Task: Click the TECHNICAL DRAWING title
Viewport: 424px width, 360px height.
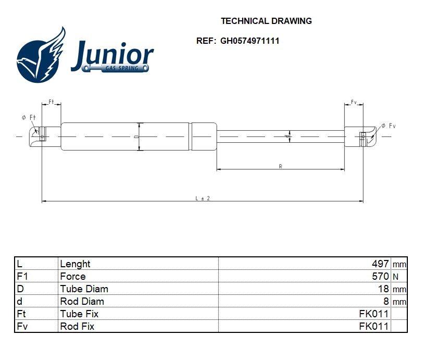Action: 266,21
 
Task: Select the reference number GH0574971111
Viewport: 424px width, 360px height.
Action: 250,41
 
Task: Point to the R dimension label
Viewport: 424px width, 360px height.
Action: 280,166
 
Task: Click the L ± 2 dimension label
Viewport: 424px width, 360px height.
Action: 202,198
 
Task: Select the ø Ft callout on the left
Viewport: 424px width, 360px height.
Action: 28,118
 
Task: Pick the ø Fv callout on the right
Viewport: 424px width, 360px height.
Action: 388,126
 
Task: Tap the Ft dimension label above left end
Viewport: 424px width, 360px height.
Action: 51,101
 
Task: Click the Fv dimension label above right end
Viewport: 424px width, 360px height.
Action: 354,102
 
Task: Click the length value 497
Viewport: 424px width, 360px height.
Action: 380,264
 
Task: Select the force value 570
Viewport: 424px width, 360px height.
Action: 380,277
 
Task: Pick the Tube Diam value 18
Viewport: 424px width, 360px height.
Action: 383,289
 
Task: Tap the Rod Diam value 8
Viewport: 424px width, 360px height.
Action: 386,302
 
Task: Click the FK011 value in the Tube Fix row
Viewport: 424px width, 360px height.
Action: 373,314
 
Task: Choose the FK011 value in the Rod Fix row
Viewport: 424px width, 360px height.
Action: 373,327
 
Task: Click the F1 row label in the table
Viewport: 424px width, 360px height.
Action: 22,277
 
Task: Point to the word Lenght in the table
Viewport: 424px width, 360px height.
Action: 75,264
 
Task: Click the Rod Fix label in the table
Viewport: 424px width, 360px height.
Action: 77,327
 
